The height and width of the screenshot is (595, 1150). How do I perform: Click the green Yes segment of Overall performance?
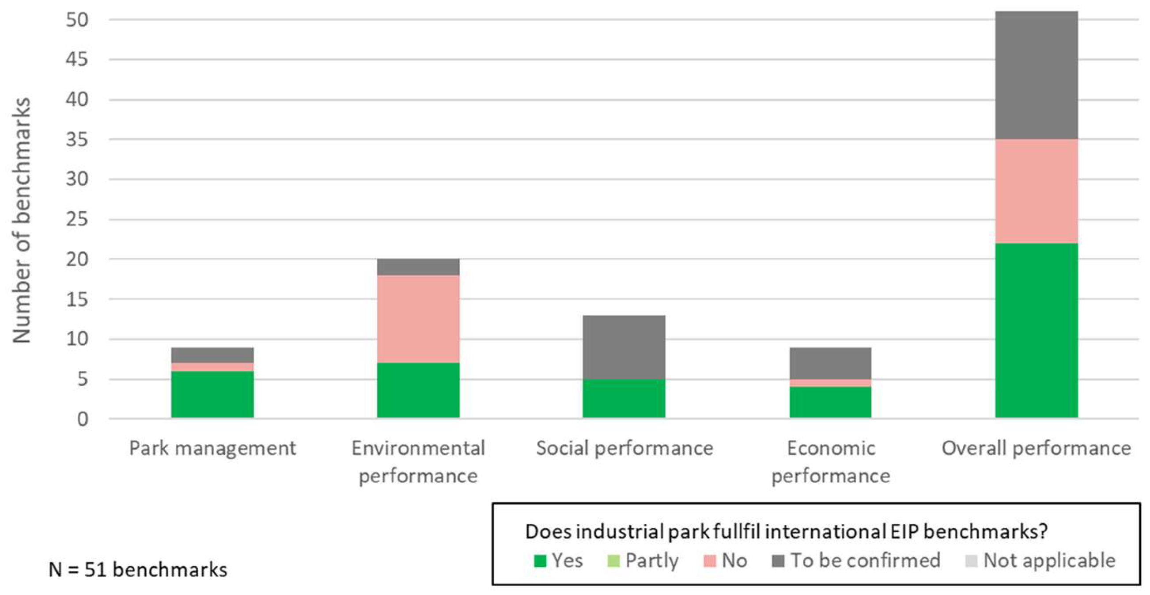[1036, 331]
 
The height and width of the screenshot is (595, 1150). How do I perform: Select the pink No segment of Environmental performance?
[418, 319]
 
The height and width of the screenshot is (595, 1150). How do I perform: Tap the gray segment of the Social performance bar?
[624, 347]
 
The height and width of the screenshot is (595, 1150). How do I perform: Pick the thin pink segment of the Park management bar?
[212, 367]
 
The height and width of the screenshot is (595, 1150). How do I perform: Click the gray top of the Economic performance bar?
[830, 363]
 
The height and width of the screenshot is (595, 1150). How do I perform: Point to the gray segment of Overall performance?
[1036, 75]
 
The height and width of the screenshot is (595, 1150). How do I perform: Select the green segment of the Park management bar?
[212, 394]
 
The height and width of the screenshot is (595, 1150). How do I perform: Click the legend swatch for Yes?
[540, 561]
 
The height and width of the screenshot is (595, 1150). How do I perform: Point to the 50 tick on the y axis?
[77, 20]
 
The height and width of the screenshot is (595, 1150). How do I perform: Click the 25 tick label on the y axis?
[77, 219]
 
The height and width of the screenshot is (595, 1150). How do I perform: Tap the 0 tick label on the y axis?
[83, 419]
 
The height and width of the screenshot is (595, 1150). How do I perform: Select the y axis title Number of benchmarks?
[22, 220]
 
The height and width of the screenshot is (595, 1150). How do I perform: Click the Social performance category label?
[624, 448]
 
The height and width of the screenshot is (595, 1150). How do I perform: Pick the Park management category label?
[212, 448]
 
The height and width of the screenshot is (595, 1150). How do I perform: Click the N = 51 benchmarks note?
[137, 570]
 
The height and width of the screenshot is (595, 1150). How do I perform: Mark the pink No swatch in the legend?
[709, 561]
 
